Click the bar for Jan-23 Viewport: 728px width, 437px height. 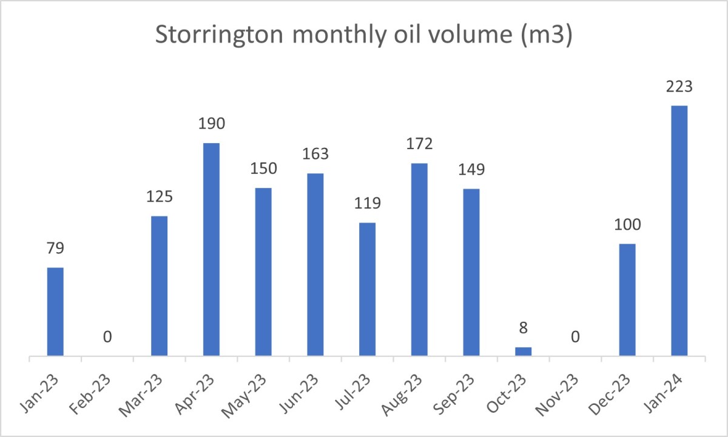(55, 312)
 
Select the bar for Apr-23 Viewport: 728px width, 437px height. (211, 249)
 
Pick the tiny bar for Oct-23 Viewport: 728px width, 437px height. (523, 352)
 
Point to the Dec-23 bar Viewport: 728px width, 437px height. (627, 299)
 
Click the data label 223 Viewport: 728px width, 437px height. (679, 87)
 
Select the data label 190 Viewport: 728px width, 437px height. (211, 124)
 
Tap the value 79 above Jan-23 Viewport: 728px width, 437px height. (55, 249)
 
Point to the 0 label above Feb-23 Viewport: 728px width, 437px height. (107, 336)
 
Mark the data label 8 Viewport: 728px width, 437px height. (523, 329)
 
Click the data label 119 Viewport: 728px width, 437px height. (367, 203)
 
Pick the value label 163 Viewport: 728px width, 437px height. (315, 154)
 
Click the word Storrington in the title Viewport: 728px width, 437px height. (218, 36)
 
